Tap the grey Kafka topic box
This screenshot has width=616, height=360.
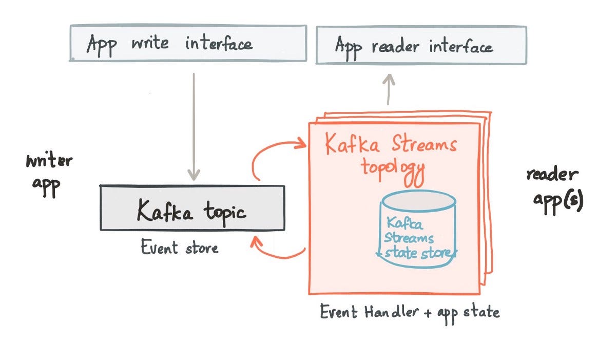pos(192,208)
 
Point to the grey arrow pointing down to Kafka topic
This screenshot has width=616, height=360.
pos(194,126)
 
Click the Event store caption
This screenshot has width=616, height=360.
pos(180,248)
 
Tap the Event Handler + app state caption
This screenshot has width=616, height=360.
pos(409,312)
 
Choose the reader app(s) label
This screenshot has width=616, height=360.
pos(554,187)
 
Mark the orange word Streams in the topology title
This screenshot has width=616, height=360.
pos(423,144)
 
